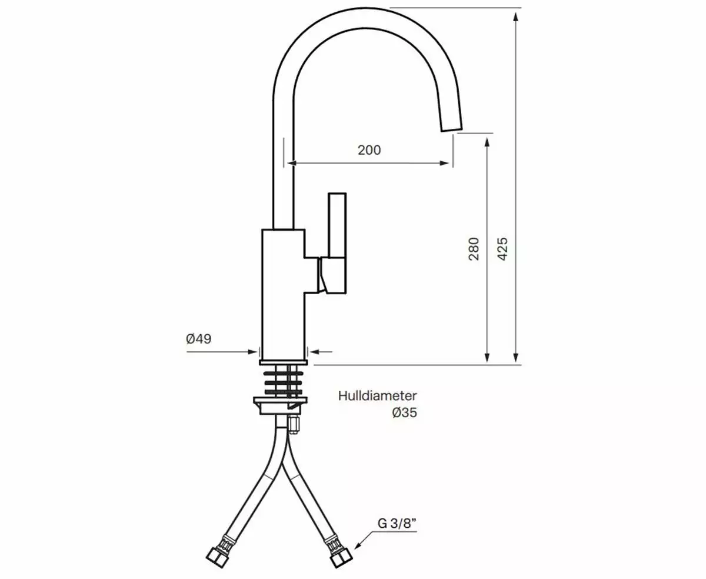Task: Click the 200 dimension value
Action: click(369, 150)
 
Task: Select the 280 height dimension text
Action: click(474, 249)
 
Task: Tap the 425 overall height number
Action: click(502, 249)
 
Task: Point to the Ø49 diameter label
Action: click(198, 339)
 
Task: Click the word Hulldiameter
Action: click(377, 395)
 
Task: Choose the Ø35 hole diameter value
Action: click(404, 412)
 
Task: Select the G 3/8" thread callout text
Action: click(397, 522)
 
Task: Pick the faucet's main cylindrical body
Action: click(283, 294)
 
